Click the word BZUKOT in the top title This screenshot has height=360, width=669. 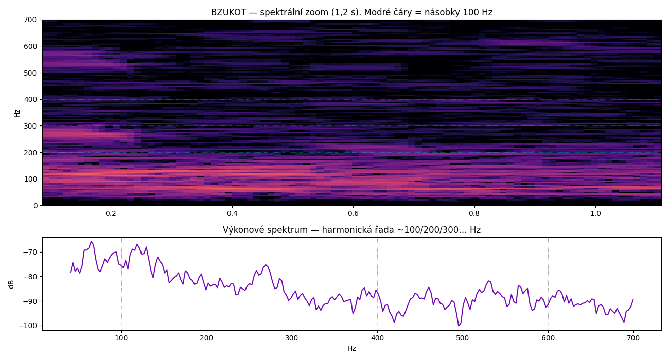coord(228,12)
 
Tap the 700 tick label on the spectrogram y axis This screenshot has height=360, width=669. coord(30,20)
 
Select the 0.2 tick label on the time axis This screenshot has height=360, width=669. coord(111,213)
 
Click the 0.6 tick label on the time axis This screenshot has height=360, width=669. coord(353,213)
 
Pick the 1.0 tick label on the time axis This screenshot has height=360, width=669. coord(595,213)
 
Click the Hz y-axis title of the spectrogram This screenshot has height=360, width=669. coord(17,113)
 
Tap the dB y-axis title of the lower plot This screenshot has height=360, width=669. coord(11,284)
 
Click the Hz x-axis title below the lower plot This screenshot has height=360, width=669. coord(351,348)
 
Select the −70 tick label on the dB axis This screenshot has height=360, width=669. coord(29,252)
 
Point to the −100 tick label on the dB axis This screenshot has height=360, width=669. coord(28,326)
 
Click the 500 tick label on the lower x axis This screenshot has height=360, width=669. coord(463,338)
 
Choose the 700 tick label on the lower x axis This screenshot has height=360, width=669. coord(633,338)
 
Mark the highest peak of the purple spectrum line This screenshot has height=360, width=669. coord(92,241)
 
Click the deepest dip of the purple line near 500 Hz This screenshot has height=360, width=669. coord(459,326)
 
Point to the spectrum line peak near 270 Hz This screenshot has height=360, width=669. coord(266,265)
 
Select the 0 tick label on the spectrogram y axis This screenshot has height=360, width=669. coord(36,206)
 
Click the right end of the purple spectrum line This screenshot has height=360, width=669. coord(633,300)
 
